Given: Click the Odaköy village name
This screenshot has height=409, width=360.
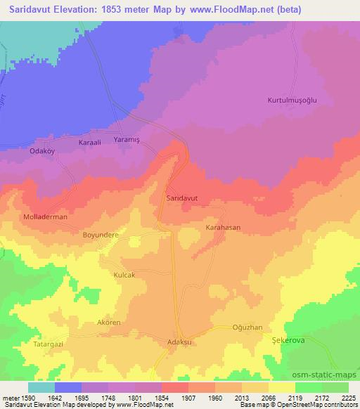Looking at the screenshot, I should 41,150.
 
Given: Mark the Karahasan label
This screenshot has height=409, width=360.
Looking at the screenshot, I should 223,228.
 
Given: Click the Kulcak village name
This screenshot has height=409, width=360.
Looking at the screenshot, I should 124,275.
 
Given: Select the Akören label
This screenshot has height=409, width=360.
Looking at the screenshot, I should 109,323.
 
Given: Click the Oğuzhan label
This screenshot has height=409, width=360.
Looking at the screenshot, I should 247,327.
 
